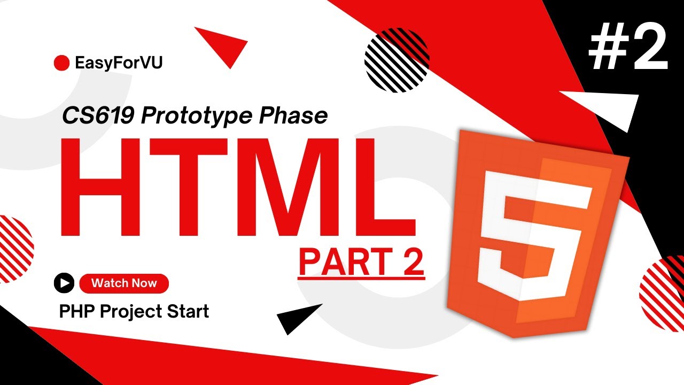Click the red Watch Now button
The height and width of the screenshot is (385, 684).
124,283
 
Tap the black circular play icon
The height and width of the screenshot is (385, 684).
64,283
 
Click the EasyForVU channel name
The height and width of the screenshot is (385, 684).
119,63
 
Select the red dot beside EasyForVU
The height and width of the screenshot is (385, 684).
61,63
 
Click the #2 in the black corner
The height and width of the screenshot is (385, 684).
628,47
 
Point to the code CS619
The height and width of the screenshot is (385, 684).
98,116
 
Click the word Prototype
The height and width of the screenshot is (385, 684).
196,117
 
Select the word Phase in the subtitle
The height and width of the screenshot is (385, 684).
293,116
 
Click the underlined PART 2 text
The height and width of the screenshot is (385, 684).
362,262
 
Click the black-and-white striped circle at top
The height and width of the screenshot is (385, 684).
397,60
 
